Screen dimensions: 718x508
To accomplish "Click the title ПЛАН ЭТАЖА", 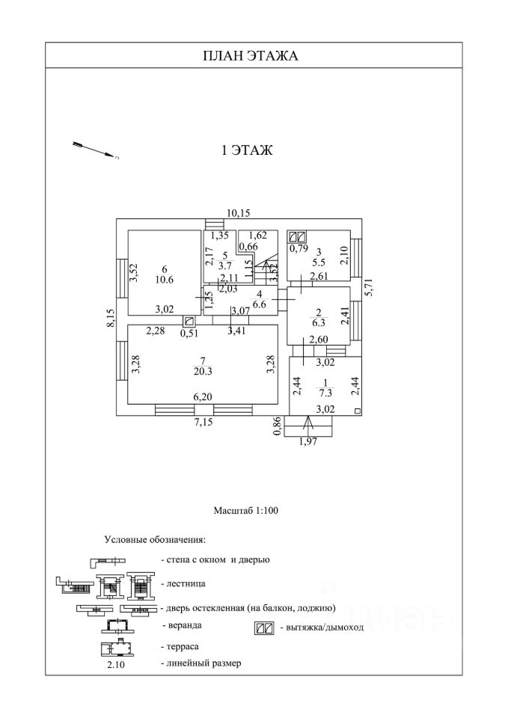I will (251, 55).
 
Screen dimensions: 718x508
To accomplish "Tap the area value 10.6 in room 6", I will (164, 280).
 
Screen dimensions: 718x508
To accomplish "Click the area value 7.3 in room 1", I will (324, 391).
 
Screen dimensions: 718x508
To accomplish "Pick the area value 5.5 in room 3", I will (318, 263).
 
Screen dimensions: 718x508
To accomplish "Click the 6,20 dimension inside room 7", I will (202, 398).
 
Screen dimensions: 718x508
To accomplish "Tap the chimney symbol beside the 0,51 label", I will (189, 321).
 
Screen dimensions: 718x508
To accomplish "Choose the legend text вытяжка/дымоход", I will (322, 628).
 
